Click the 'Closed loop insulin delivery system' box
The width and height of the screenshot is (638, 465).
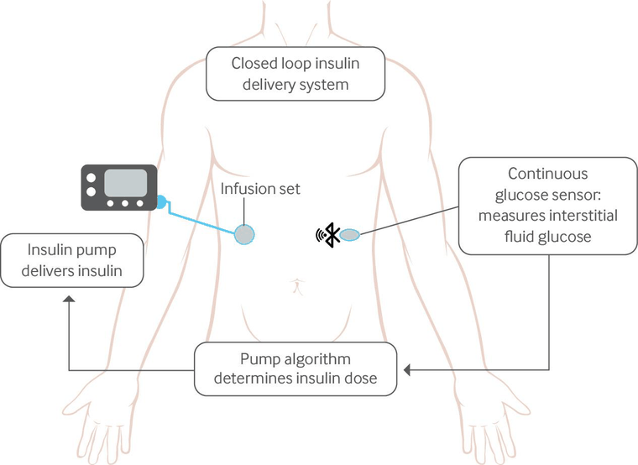pos(296,73)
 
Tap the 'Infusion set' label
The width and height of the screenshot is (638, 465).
pos(260,189)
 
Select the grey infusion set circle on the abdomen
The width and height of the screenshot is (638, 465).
pos(244,234)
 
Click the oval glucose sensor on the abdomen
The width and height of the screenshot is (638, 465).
pos(350,234)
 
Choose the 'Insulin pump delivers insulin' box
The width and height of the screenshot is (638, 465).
pos(71,259)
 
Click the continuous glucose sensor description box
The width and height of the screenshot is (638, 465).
pos(548,206)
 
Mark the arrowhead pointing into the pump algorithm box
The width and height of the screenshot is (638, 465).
pos(407,369)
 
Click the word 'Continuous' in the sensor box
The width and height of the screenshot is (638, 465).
pos(547,174)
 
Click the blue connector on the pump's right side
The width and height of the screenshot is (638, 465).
pos(161,202)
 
